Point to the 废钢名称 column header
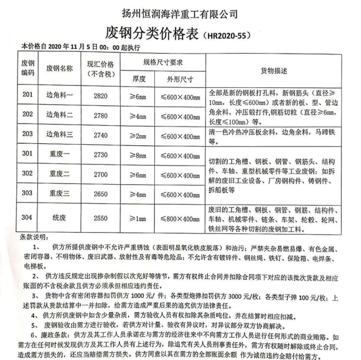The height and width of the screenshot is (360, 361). (60, 69)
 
